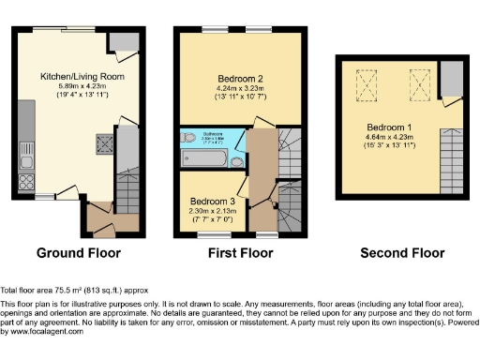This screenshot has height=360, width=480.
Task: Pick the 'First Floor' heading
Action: [x=241, y=253]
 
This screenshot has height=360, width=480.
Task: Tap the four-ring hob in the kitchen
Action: [x=25, y=181]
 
